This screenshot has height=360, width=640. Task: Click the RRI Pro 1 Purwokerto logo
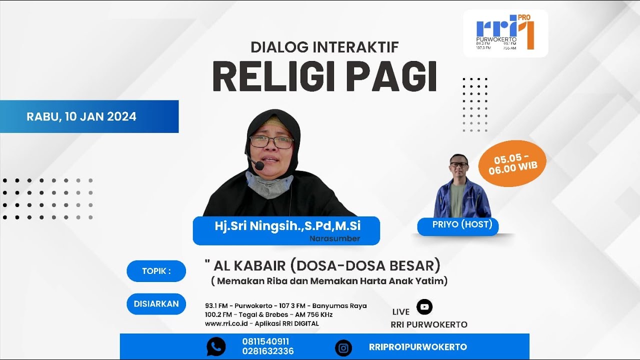coord(505,33)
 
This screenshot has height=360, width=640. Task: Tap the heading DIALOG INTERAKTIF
coord(324,47)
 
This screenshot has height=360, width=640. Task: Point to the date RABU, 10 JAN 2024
coord(81,116)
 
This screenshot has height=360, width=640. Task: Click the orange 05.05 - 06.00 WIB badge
coord(512,164)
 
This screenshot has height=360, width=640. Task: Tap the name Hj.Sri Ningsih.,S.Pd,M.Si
coord(287,226)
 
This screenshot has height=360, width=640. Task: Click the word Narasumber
coord(334,238)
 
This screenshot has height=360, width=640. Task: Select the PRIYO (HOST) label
coord(462,224)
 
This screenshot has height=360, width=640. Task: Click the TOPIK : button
coord(156,271)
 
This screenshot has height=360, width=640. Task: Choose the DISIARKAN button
coord(156,304)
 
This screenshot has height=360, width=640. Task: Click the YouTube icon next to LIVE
coord(424,306)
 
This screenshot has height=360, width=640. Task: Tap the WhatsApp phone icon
coord(216,346)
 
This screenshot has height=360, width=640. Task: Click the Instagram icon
coord(343,348)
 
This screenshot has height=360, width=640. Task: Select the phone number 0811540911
coord(265,341)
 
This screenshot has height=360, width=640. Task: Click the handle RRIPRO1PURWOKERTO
coord(417,347)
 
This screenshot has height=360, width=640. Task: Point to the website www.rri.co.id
coord(226,323)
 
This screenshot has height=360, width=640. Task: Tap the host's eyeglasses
coord(458,164)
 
